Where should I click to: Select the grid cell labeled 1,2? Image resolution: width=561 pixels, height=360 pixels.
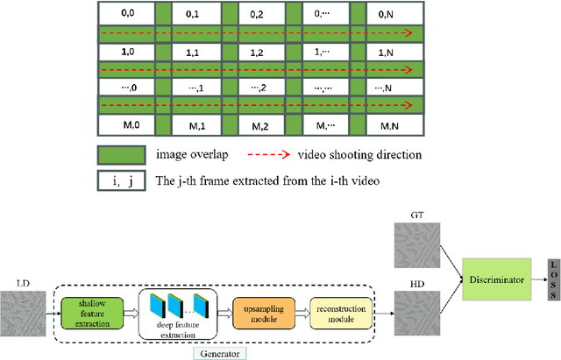point(258,53)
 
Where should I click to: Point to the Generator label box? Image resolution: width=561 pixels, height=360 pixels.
point(221,353)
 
